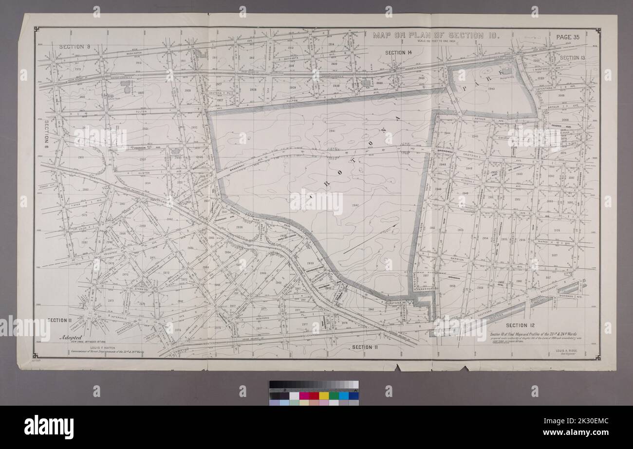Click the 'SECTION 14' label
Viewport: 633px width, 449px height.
point(398,53)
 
